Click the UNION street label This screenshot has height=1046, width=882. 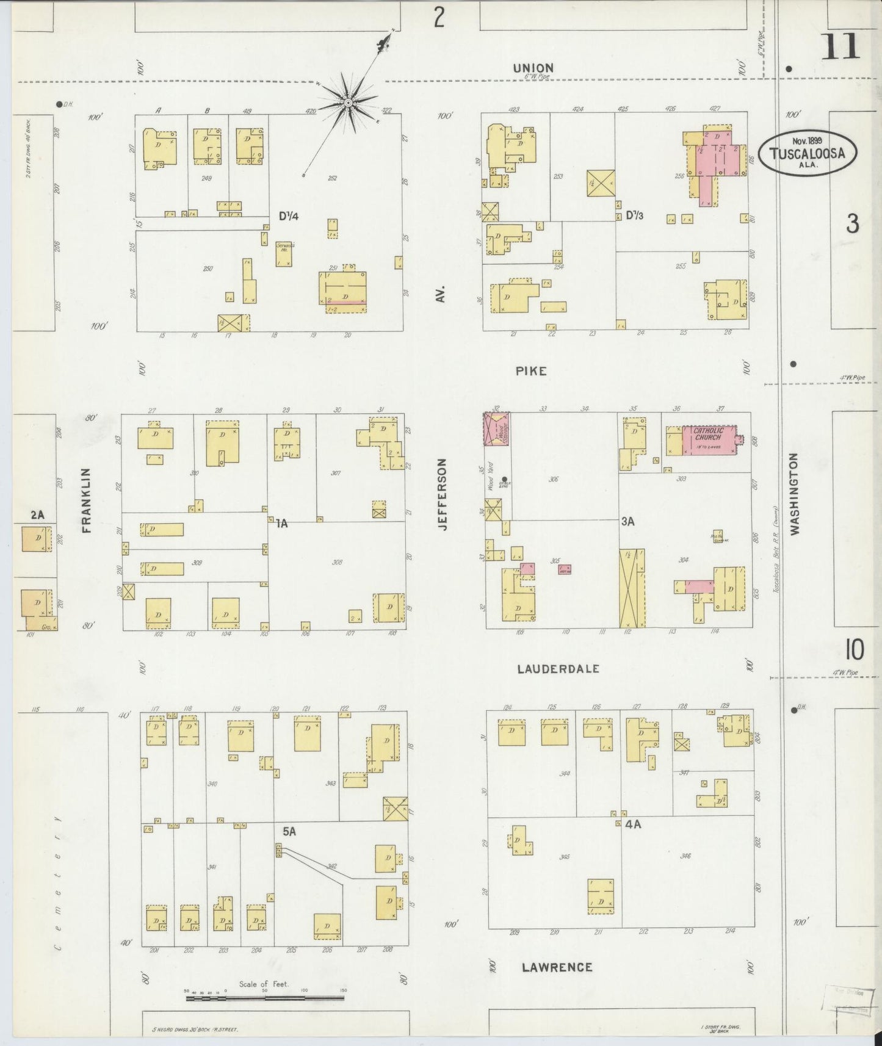point(533,68)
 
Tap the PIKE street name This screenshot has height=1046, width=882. point(530,371)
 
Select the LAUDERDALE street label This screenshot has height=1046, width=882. point(558,669)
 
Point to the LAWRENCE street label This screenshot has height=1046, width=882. point(557,967)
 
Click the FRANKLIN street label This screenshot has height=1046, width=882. point(86,500)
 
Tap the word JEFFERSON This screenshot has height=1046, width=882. point(443,494)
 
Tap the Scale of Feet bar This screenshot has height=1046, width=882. point(265,999)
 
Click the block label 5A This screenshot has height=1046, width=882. point(290,831)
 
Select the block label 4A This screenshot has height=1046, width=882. point(632,824)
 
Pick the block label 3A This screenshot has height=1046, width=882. point(628,522)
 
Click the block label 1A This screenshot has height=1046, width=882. point(281,523)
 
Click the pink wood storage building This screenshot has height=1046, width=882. point(497,427)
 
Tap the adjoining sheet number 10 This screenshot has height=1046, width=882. point(854,651)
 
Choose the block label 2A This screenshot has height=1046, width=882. point(37,515)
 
